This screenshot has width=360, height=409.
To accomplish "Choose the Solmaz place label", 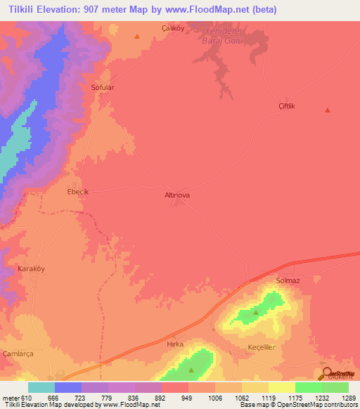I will tap(288, 281).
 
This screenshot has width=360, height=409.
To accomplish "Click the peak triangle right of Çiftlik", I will tap(327, 110).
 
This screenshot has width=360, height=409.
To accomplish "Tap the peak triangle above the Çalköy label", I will tap(138, 36).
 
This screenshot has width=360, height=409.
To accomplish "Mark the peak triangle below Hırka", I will tap(191, 370).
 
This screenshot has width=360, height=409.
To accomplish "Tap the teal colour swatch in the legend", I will tap(41, 387).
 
